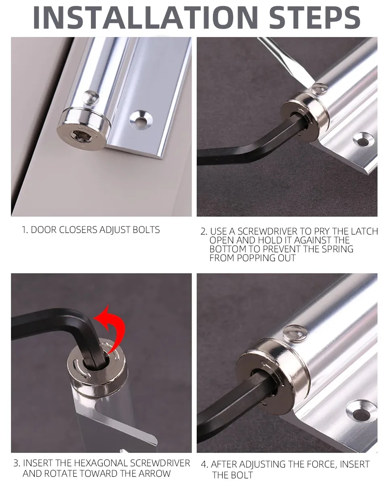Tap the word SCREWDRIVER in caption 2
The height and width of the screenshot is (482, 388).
tap(268, 231)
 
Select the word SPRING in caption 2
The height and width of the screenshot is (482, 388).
tap(338, 249)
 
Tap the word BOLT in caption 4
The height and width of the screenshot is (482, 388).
tap(242, 475)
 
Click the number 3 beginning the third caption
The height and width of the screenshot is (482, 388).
tap(16, 463)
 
